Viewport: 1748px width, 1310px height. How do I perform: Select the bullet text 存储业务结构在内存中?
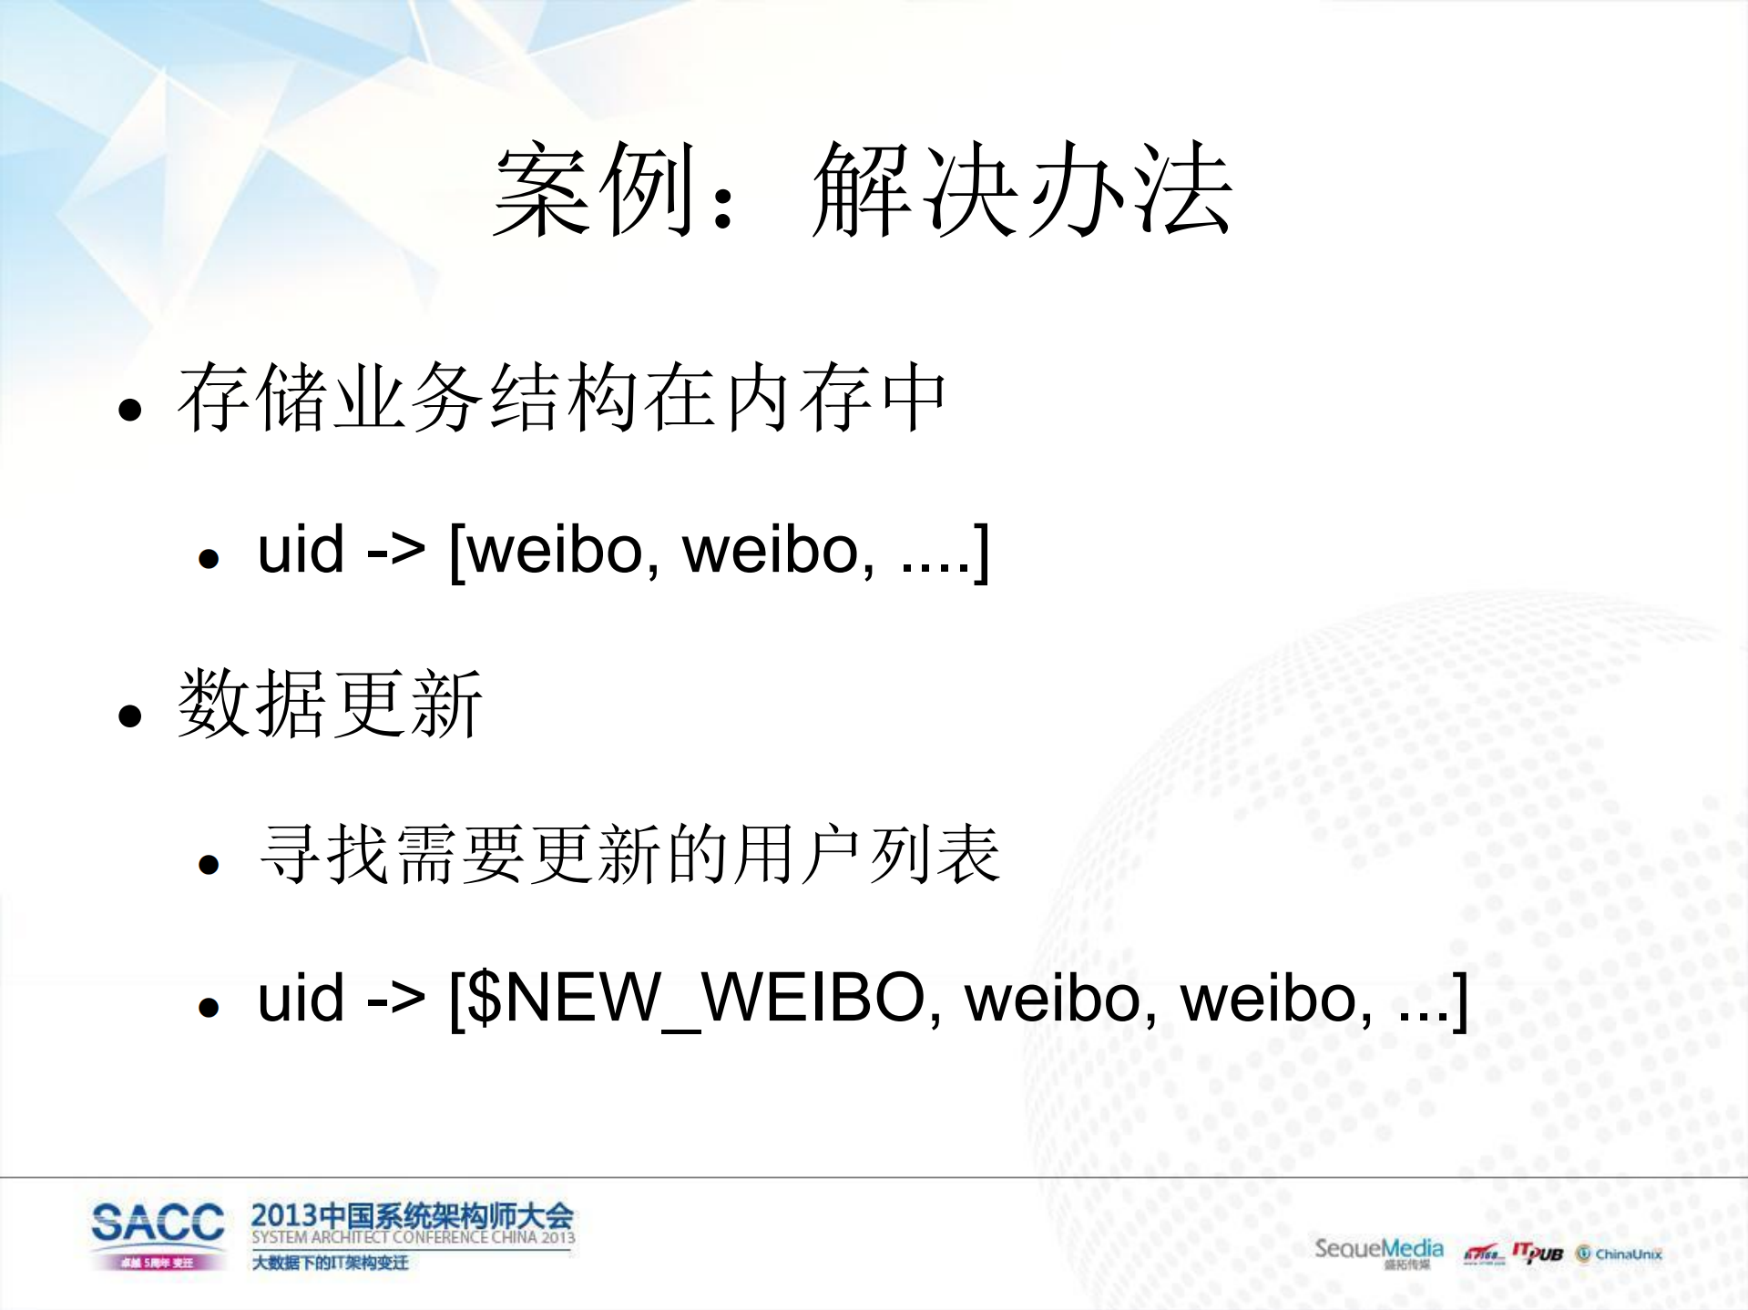[x=562, y=398]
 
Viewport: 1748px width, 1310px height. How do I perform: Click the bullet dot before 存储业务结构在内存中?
[x=130, y=410]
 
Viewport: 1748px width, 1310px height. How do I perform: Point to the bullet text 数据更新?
[x=330, y=704]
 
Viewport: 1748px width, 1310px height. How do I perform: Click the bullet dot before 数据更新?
[x=130, y=716]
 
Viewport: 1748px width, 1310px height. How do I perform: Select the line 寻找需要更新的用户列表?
[x=629, y=855]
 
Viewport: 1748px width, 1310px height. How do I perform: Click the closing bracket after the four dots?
[x=981, y=552]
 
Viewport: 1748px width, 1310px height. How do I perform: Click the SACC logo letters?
[x=158, y=1223]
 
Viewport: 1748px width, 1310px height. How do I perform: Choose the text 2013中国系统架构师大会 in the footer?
[x=412, y=1215]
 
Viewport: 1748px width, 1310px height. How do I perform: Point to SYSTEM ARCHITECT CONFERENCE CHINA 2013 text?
[x=413, y=1238]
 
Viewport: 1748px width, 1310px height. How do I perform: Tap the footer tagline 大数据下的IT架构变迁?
[x=330, y=1263]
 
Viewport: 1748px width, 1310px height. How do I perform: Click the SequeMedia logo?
[x=1378, y=1250]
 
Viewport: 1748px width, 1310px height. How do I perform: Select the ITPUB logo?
[x=1538, y=1254]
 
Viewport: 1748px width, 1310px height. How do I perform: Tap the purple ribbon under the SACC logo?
[x=158, y=1263]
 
